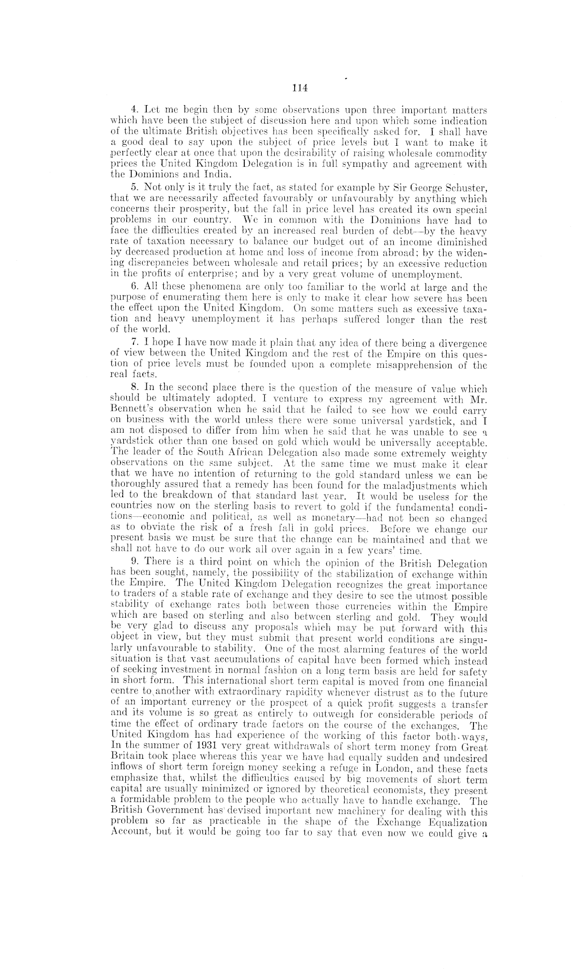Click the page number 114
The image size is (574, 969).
299,88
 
